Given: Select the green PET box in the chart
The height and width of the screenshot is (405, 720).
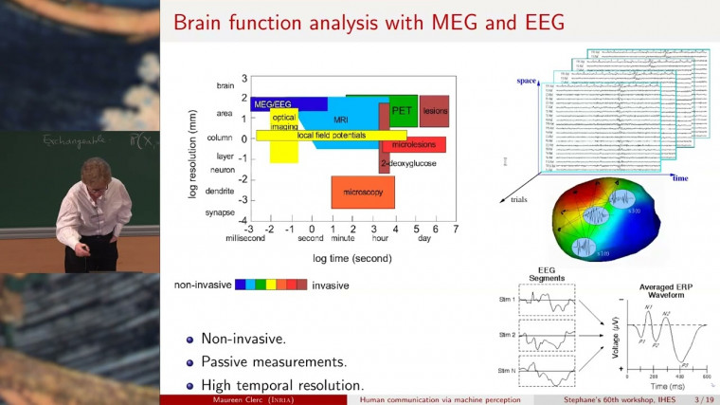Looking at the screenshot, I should click(x=403, y=111).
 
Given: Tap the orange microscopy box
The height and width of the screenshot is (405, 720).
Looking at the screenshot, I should click(x=363, y=193).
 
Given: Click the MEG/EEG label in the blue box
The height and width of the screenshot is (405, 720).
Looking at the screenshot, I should click(x=272, y=103).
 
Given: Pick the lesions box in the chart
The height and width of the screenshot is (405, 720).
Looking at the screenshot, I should click(x=435, y=111).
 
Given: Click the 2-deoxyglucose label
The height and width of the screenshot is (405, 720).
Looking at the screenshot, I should click(x=408, y=164).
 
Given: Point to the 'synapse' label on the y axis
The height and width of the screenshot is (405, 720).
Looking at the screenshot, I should click(x=220, y=212).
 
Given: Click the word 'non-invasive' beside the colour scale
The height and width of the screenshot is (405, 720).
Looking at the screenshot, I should click(x=202, y=284).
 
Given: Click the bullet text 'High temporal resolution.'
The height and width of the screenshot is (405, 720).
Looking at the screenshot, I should click(x=281, y=385).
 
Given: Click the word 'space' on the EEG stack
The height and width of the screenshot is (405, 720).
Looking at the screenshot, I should click(x=527, y=82).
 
